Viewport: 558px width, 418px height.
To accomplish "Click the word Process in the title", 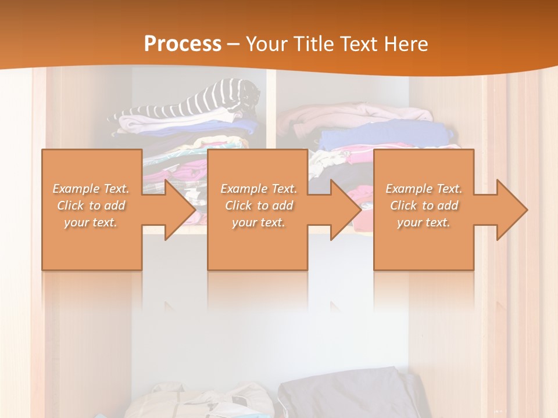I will (183, 44).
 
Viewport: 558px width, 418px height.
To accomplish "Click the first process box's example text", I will (91, 205).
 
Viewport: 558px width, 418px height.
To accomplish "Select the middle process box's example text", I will (259, 205).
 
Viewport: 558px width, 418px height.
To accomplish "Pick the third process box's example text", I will (424, 205).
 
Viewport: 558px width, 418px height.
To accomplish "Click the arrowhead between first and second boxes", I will (180, 210).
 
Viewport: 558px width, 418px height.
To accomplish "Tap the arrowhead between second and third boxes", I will (346, 210).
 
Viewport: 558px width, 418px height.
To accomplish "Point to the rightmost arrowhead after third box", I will (512, 210).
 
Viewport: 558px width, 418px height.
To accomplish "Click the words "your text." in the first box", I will (91, 222).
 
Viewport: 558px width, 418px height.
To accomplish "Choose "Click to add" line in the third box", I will (424, 205).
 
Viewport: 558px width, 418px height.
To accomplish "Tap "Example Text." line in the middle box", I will (259, 189).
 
